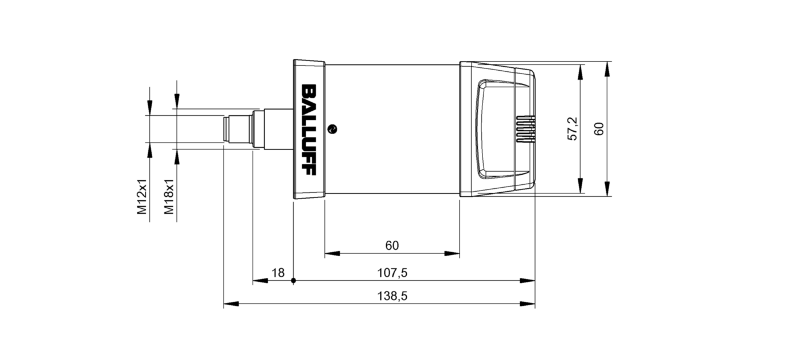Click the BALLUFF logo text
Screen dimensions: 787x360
click(x=309, y=131)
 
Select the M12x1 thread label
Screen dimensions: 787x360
click(x=142, y=196)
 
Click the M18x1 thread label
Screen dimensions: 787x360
click(x=169, y=196)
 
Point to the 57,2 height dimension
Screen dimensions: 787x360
click(x=573, y=129)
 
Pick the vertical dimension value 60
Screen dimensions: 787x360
click(x=599, y=129)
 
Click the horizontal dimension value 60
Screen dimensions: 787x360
click(x=392, y=246)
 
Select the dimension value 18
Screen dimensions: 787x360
click(x=278, y=273)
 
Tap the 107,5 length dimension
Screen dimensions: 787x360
click(x=392, y=273)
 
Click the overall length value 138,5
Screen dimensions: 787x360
click(x=392, y=297)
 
